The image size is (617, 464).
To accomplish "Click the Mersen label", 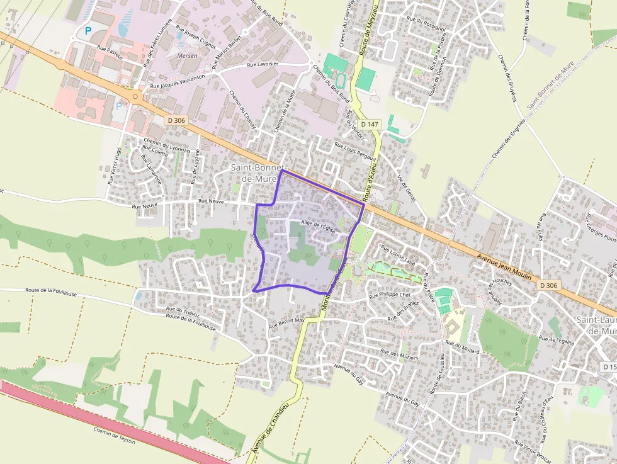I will click(188, 55).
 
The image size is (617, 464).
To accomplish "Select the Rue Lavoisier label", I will click(263, 64).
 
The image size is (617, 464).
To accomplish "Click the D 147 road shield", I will click(370, 124).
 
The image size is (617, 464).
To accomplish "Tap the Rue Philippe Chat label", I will click(390, 295).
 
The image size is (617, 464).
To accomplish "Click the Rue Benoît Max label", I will click(286, 323).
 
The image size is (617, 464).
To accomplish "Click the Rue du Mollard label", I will click(463, 347).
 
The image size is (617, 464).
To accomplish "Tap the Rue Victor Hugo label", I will click(114, 166).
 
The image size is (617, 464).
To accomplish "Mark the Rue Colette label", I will click(157, 153).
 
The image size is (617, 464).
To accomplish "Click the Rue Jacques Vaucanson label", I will click(179, 81).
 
